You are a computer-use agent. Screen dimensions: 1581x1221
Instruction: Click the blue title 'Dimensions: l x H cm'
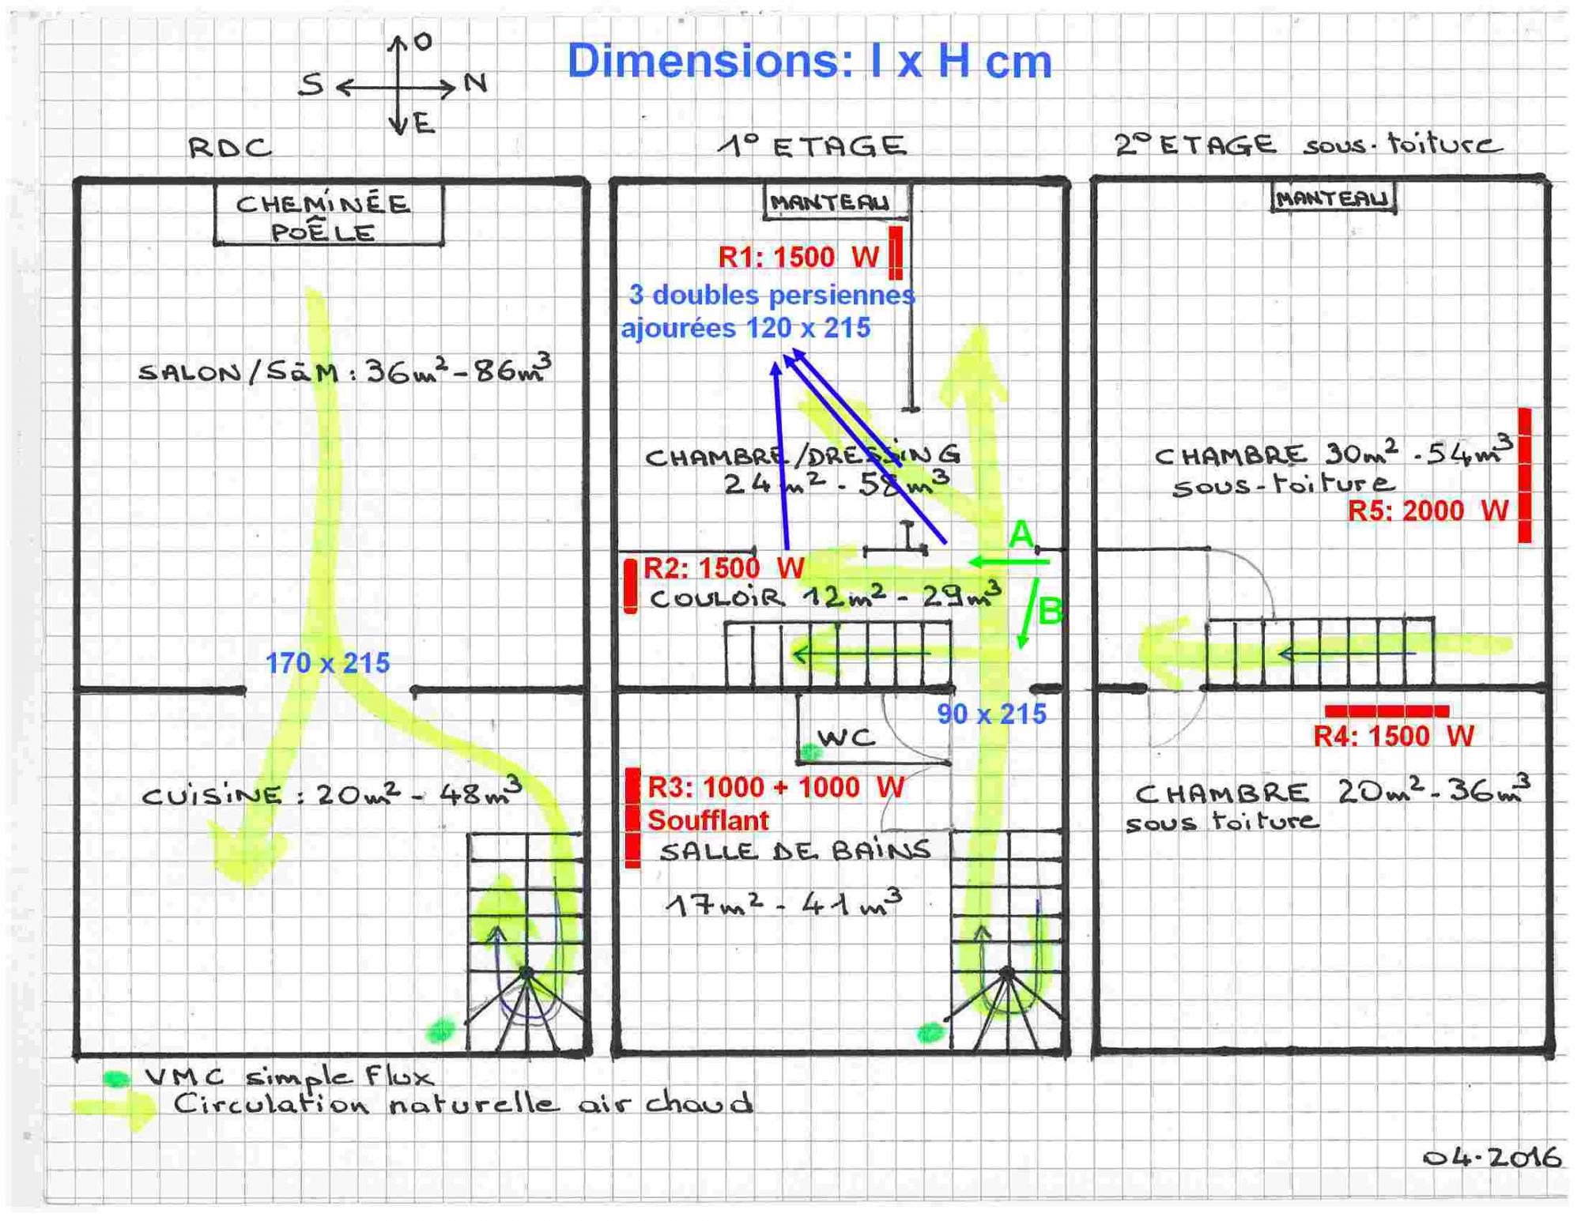809,62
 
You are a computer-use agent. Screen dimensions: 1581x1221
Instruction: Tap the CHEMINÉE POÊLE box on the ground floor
328,217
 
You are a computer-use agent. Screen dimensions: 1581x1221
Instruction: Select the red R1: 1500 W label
798,257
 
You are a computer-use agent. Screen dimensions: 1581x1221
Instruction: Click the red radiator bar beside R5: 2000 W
1524,475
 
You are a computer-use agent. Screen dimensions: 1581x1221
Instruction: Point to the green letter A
1021,534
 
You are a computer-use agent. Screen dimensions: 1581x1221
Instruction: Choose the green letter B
1050,611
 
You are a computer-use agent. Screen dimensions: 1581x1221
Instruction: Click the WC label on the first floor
847,738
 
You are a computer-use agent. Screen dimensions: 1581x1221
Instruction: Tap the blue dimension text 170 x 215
327,663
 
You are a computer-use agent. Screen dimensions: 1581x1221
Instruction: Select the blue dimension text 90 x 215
991,714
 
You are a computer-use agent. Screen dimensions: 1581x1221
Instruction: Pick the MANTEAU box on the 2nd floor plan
1333,198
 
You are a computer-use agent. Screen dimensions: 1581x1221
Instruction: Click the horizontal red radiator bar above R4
1387,710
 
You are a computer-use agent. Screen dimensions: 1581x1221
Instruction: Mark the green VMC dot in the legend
116,1079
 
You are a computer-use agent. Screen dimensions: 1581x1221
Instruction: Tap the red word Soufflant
707,820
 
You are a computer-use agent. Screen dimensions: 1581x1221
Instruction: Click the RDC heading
230,148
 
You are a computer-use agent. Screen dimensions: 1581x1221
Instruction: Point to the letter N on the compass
475,82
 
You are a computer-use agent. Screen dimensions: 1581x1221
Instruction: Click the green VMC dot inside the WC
809,752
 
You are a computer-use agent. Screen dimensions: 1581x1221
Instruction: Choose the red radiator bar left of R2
630,586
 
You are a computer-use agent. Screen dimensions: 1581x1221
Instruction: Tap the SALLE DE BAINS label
794,851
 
